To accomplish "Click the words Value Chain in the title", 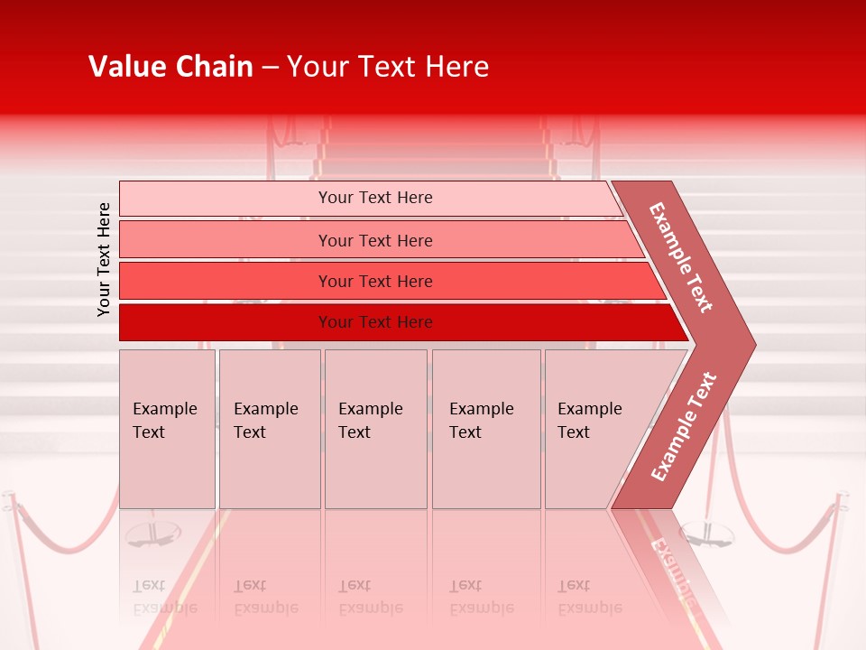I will [x=170, y=67].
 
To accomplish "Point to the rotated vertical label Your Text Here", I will [x=104, y=259].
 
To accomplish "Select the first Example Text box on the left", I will [x=167, y=429].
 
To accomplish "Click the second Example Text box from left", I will [x=270, y=429].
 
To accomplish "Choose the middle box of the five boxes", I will [x=375, y=429].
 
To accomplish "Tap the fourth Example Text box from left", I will [x=486, y=429].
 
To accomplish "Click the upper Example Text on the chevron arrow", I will [x=681, y=257].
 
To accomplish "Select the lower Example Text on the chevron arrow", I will [x=684, y=426].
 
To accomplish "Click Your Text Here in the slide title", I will [x=388, y=67].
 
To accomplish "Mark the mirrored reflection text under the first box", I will [x=164, y=598].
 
